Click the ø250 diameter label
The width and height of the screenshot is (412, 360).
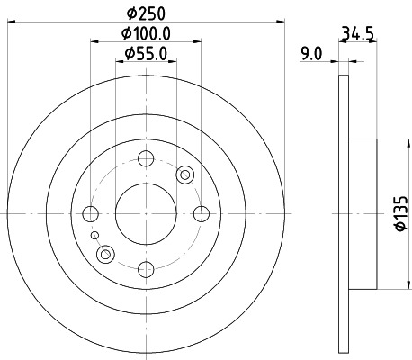[144, 14]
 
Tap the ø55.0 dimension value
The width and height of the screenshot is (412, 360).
[144, 55]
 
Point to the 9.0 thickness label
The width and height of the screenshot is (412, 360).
[311, 54]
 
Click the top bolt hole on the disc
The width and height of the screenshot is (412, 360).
[144, 159]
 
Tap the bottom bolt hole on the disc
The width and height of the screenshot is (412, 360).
[144, 267]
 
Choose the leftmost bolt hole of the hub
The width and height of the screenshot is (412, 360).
[90, 213]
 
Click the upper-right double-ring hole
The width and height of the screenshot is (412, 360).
[186, 174]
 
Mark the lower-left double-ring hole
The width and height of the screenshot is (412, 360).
[105, 255]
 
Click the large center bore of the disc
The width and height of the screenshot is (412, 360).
[144, 213]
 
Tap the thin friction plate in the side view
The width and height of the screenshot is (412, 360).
[342, 213]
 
